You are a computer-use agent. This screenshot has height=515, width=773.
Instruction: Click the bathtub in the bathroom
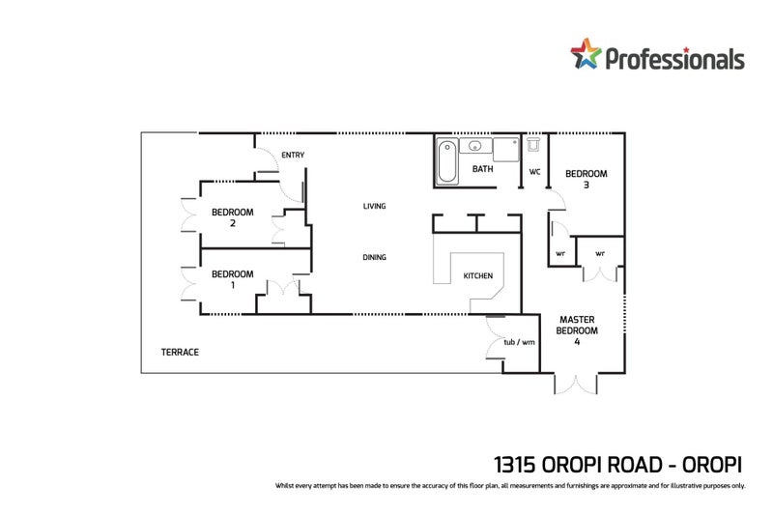446,161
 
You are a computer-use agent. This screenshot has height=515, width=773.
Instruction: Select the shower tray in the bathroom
505,151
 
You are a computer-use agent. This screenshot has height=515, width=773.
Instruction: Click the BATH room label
482,170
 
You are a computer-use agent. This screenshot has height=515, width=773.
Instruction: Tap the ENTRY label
292,155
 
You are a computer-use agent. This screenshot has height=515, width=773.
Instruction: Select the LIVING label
375,206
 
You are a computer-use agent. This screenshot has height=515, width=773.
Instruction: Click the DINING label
375,257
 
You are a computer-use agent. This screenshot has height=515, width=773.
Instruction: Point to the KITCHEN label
478,276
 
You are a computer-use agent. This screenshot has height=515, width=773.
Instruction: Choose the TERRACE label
180,353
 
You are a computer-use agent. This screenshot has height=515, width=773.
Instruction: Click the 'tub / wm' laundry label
519,342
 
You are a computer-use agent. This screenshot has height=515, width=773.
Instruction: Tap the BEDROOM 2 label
232,217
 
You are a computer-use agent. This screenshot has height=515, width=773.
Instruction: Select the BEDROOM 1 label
232,279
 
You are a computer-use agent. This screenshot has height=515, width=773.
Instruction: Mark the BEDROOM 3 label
586,179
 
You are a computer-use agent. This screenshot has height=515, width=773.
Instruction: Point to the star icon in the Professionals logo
586,56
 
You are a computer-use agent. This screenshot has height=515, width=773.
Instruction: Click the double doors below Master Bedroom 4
577,384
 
